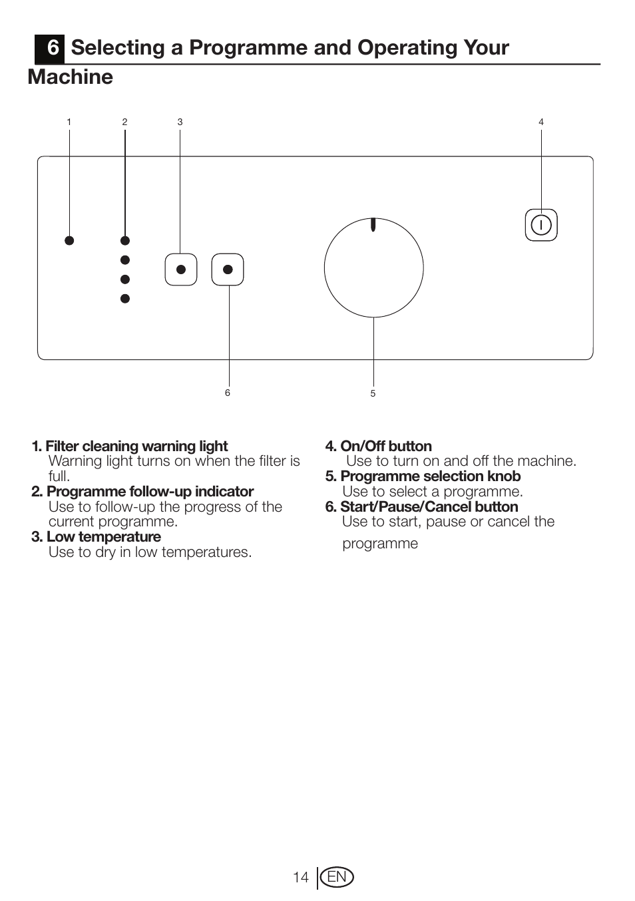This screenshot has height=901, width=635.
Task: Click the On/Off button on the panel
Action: (x=541, y=225)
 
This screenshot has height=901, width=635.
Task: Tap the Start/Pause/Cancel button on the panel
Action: (x=228, y=270)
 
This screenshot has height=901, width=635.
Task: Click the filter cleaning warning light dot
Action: (x=69, y=240)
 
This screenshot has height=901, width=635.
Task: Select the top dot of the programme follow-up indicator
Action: (x=124, y=240)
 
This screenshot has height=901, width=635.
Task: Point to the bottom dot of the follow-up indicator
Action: (x=124, y=299)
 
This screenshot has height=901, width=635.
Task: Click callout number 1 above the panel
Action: (x=69, y=122)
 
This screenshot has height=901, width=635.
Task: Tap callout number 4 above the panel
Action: (x=541, y=122)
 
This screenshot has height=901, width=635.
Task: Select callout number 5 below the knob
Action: (x=373, y=393)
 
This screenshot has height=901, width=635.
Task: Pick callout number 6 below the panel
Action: (x=228, y=393)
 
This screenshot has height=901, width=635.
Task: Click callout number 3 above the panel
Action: (x=180, y=122)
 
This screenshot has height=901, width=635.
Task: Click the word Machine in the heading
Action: (x=71, y=77)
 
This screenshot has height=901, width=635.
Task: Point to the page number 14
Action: (x=301, y=877)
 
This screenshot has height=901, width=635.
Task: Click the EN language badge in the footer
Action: (x=337, y=877)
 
